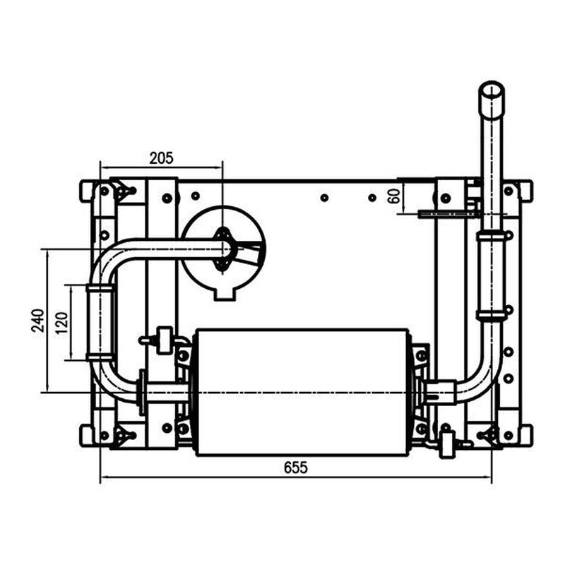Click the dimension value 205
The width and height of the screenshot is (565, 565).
pyautogui.click(x=161, y=158)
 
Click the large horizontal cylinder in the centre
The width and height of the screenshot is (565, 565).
pyautogui.click(x=302, y=391)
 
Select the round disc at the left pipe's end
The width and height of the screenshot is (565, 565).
pyautogui.click(x=222, y=249)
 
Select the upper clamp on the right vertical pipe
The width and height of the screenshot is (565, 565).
pyautogui.click(x=492, y=236)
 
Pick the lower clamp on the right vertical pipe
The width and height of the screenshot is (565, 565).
pyautogui.click(x=492, y=316)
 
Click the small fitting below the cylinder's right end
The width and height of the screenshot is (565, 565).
pyautogui.click(x=446, y=446)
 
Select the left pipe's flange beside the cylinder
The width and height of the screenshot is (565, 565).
pyautogui.click(x=143, y=392)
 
